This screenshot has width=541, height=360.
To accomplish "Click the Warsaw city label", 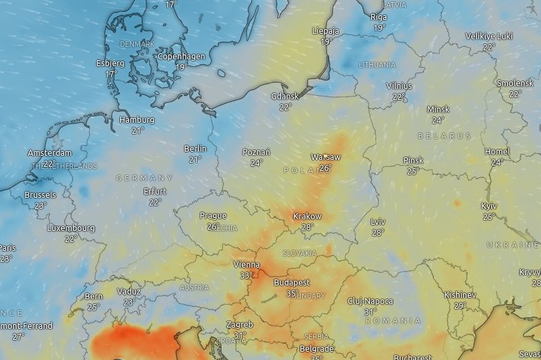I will point(326,157).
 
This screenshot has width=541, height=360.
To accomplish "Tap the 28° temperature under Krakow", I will point(307,227).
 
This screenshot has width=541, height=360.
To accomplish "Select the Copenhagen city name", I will point(181,57).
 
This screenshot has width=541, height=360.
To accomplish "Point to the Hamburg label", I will point(137,120).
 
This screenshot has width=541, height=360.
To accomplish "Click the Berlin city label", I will point(195,149).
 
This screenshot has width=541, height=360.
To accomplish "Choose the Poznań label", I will point(256,152).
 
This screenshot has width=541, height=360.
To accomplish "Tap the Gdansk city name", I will point(285,97).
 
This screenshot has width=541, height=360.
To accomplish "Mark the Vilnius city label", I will point(399,86).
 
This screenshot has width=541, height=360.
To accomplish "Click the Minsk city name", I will point(438,110).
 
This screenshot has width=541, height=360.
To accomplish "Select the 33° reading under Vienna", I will point(246,275).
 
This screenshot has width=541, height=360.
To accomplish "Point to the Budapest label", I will point(292,283).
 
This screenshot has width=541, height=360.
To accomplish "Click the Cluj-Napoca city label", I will point(371,301).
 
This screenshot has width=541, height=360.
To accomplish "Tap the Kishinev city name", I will point(460,294).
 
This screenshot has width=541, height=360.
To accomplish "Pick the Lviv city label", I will point(377,222).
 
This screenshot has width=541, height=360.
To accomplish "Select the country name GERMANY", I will point(145,178).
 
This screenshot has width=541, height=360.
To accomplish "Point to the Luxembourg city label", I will point(71,228).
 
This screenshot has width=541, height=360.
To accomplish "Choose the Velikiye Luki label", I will point(490,37).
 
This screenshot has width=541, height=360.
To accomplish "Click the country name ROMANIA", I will point(393,321).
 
